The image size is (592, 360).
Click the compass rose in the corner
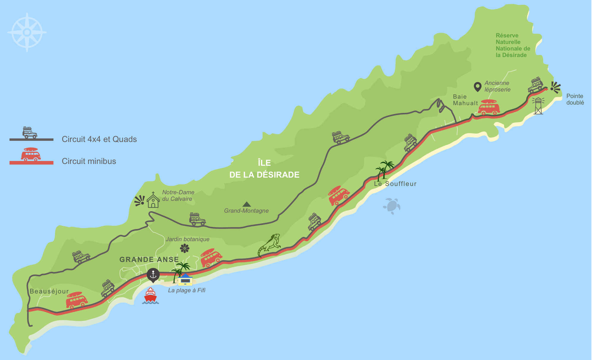(27, 32)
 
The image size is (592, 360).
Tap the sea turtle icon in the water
(392, 206)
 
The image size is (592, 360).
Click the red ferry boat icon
(151, 296)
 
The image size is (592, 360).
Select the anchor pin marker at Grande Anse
(153, 275)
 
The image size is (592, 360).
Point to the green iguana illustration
(270, 244)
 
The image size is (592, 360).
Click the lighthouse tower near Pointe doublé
(538, 105)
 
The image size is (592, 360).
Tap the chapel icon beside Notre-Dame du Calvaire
(153, 200)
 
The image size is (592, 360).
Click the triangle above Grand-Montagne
(246, 204)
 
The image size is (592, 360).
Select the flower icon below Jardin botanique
(185, 248)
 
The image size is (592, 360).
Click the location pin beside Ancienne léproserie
(477, 87)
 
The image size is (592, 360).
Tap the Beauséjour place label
(49, 291)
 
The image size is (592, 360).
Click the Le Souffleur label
(395, 184)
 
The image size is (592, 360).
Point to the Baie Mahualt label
(465, 100)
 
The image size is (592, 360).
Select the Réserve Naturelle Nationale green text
(513, 45)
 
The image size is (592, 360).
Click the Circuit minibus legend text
(89, 161)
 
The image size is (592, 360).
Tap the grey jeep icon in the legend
(30, 132)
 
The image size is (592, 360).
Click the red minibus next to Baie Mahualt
(488, 108)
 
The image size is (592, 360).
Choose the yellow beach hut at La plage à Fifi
(185, 280)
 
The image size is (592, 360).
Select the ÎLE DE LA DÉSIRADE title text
(264, 169)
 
